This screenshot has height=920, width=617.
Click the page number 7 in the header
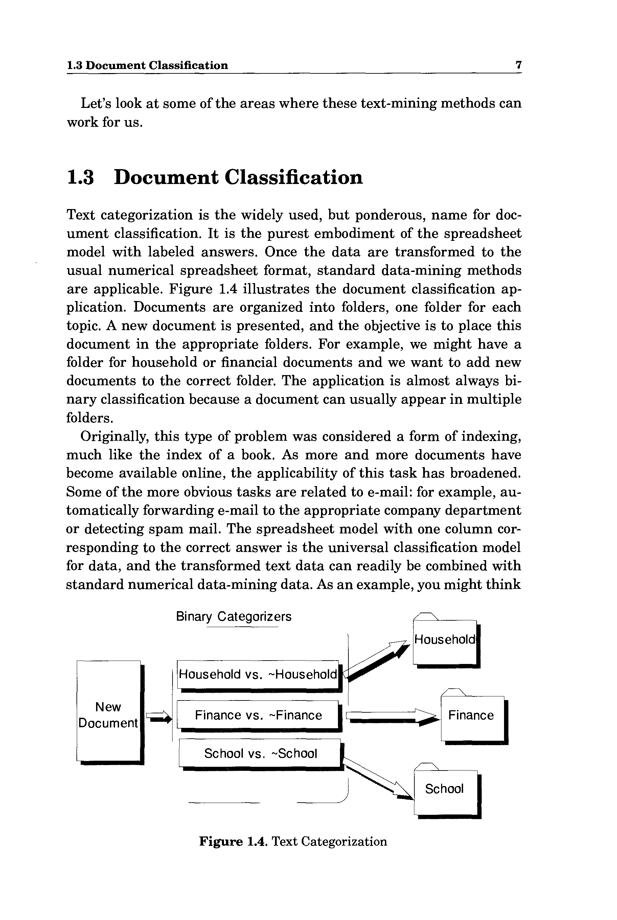tap(518, 65)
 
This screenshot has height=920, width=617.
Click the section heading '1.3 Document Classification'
tap(215, 178)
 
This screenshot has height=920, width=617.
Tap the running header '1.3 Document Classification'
tap(147, 65)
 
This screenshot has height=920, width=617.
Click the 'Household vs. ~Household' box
tap(258, 674)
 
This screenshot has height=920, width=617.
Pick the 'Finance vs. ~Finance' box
tap(258, 715)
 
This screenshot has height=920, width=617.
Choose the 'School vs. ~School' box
tap(260, 753)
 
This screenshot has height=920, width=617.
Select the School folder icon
tap(445, 789)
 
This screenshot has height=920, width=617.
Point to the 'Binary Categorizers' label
tap(234, 616)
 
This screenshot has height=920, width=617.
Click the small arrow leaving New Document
tap(159, 717)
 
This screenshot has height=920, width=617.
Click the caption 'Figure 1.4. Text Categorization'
tap(293, 842)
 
